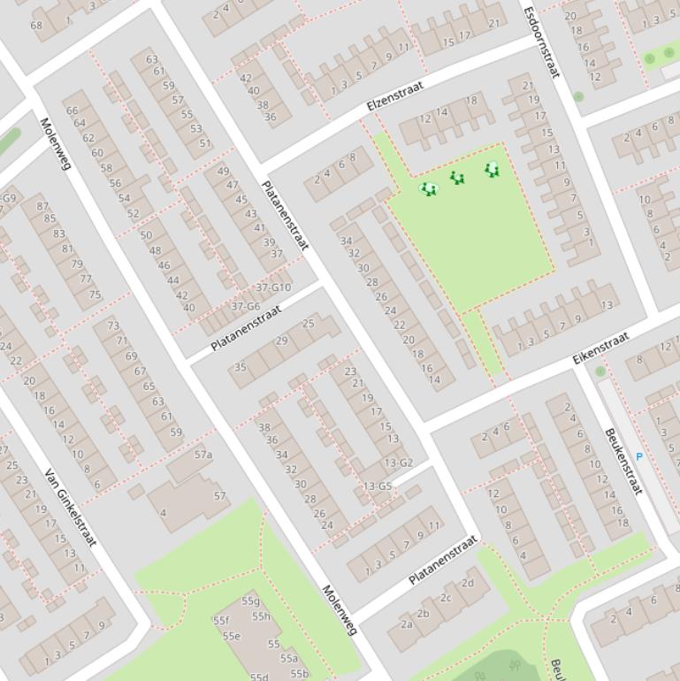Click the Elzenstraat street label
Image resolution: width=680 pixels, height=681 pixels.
tap(395, 96)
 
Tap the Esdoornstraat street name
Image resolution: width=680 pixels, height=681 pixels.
tap(541, 42)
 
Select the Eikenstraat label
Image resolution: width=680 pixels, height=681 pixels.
tap(600, 348)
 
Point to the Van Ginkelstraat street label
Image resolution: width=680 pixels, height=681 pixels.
tap(70, 507)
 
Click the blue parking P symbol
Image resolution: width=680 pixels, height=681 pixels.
tap(639, 457)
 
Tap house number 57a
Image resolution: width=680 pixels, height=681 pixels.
tap(203, 455)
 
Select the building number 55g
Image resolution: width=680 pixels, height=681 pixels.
tap(250, 601)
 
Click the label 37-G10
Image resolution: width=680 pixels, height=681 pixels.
tap(273, 287)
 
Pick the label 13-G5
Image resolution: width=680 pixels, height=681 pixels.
tap(378, 486)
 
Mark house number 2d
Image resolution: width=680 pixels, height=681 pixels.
tap(468, 583)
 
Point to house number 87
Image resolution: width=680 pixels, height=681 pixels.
tap(42, 207)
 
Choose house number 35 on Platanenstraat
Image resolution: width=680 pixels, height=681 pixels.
tap(240, 367)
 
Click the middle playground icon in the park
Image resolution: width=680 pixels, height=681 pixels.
tap(457, 178)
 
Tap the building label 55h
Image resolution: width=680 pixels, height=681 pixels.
tap(261, 616)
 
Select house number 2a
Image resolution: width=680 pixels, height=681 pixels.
tap(406, 624)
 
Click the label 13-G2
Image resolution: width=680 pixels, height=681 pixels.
tap(398, 463)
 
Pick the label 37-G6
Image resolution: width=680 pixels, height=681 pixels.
tap(245, 306)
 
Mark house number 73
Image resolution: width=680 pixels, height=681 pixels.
tap(112, 325)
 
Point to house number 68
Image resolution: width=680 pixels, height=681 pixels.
tap(36, 26)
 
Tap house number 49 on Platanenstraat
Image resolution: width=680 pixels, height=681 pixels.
tap(223, 172)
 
